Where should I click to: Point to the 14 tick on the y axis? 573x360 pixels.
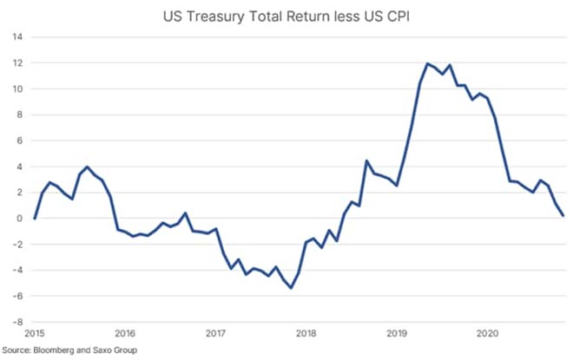17,37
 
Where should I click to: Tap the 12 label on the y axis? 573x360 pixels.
17,63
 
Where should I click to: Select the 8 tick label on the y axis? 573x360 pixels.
19,115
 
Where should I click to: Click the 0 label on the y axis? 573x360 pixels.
19,219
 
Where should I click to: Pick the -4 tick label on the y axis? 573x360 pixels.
17,270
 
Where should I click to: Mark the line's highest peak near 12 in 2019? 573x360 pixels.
428,63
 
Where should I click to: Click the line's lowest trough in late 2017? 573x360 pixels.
291,288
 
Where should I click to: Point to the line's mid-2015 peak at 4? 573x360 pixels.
88,167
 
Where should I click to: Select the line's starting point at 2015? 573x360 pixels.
35,219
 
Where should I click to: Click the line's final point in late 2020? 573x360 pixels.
563,215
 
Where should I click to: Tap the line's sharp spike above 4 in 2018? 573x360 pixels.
366,160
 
